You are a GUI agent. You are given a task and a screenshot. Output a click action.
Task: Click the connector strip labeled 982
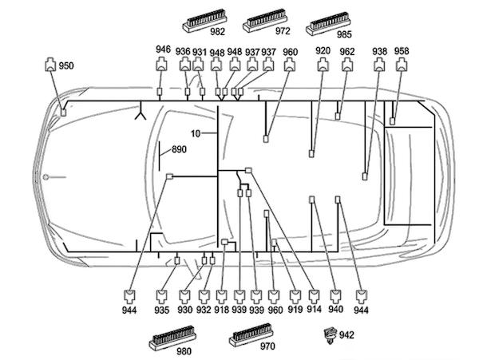pos(204,21)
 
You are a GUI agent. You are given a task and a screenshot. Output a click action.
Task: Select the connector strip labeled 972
pos(265,21)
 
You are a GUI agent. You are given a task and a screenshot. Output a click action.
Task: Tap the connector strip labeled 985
pos(328,23)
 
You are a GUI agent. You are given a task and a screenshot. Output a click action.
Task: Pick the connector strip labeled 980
pos(172,338)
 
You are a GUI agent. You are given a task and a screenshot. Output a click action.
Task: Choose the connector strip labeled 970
pos(251,334)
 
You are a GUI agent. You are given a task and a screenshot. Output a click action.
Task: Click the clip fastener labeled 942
pos(331,335)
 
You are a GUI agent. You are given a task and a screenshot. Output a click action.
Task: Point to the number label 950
pos(66,65)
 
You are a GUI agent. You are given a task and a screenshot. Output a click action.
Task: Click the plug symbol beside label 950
pos(50,64)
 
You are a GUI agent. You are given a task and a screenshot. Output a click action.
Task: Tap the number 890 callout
pos(179,149)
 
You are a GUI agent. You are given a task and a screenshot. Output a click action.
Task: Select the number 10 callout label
pos(196,133)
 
